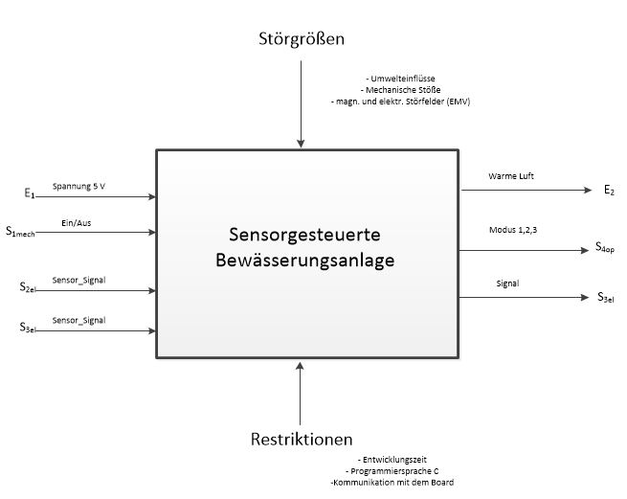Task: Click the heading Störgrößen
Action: coord(302,39)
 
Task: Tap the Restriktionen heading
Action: coord(302,439)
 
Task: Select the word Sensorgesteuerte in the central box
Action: coord(304,235)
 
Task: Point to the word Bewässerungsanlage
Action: coord(304,261)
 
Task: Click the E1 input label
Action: coord(30,193)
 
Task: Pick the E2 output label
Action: coord(609,190)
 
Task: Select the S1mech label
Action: coord(20,232)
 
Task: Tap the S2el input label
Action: coord(28,287)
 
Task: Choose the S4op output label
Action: coord(605,247)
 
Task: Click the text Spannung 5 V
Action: coord(78,186)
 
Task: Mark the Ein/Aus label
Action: coord(77,223)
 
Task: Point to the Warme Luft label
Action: coord(511,176)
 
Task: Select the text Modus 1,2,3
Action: coord(513,230)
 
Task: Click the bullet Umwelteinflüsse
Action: coord(400,79)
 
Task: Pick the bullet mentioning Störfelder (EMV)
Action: coord(400,102)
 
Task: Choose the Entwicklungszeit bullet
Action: coord(392,460)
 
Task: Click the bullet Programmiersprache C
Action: coord(392,471)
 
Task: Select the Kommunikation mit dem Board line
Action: coord(392,482)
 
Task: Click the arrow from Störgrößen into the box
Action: coord(301,104)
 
